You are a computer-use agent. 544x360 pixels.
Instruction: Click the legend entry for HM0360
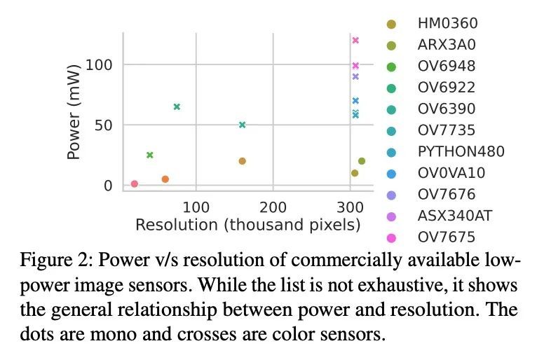(x=447, y=24)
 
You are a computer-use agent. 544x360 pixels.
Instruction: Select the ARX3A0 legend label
(x=447, y=46)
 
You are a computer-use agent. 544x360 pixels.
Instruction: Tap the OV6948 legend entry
(x=447, y=67)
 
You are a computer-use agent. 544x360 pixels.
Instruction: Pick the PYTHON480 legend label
(x=461, y=151)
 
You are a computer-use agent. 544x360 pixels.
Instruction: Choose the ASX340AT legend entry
(x=455, y=215)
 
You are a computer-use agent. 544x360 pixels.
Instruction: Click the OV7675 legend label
(x=447, y=237)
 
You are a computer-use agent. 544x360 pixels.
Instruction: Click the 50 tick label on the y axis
(x=103, y=125)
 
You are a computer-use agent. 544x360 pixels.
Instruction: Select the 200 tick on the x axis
(x=273, y=207)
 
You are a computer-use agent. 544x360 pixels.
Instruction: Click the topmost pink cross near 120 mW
(x=355, y=40)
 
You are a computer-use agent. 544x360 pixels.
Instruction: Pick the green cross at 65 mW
(x=177, y=107)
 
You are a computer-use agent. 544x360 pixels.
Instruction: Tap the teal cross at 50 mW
(x=243, y=125)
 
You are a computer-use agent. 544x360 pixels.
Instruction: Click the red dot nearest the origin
(x=135, y=184)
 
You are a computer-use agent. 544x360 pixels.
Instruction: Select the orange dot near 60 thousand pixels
(x=165, y=179)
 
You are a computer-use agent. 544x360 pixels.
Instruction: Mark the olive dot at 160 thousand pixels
(x=243, y=161)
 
